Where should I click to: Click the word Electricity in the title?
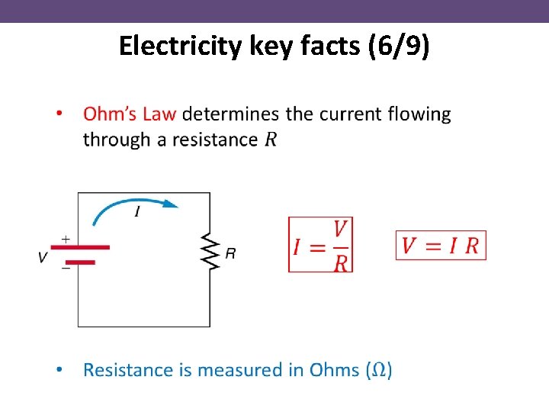click(181, 47)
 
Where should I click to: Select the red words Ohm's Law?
click(130, 114)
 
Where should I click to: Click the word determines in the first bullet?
click(231, 114)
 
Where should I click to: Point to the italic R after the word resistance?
click(270, 140)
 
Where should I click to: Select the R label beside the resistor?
click(230, 253)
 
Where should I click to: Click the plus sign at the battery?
click(66, 239)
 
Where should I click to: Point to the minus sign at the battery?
click(66, 268)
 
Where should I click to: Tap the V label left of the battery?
click(43, 257)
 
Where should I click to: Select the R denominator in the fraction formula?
click(341, 262)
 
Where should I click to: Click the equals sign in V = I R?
click(434, 246)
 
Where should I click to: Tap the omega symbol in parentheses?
click(380, 371)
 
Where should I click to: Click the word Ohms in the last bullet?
click(334, 370)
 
